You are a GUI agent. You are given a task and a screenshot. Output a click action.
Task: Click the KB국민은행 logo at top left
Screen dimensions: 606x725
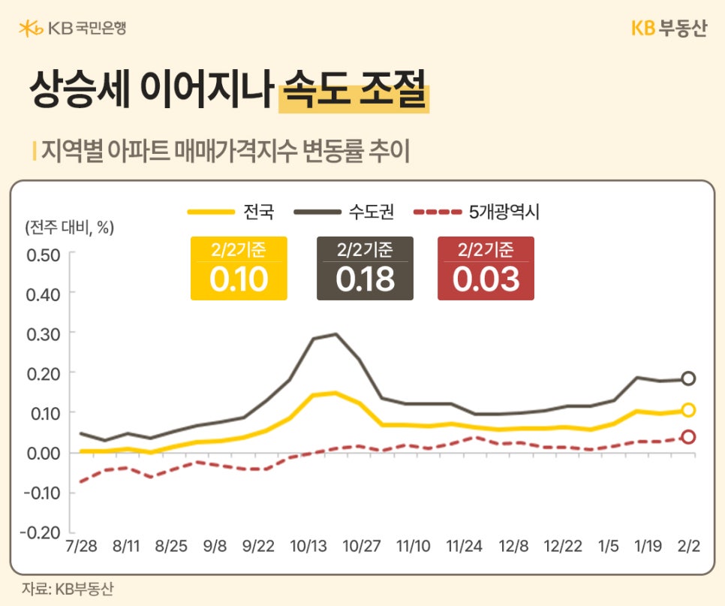tap(73, 29)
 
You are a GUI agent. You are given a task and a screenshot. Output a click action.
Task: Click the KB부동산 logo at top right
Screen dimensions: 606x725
tap(668, 29)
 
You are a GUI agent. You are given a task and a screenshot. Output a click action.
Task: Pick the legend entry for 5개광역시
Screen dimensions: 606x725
tap(476, 213)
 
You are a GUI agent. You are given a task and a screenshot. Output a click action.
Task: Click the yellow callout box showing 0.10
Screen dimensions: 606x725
tap(239, 268)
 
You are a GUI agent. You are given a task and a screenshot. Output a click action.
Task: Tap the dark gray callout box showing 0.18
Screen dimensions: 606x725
tap(365, 268)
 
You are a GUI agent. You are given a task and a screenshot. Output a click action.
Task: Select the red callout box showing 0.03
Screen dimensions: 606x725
tap(486, 268)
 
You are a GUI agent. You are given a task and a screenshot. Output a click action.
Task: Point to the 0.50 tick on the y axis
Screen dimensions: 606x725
tap(43, 253)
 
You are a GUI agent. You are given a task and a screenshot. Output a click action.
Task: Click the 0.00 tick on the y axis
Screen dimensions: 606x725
tap(43, 453)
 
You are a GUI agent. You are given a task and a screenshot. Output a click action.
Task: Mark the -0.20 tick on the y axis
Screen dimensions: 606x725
tap(41, 532)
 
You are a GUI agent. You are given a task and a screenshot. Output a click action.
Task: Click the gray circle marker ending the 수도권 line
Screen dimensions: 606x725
tap(688, 378)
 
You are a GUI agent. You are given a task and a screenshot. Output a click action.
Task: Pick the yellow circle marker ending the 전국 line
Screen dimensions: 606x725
tap(688, 410)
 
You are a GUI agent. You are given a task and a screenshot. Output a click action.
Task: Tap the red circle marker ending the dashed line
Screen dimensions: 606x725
tap(688, 437)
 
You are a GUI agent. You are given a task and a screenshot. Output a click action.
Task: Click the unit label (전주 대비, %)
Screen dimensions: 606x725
tap(69, 228)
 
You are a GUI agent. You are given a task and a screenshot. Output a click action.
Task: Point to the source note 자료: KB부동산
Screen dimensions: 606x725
tap(67, 589)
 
